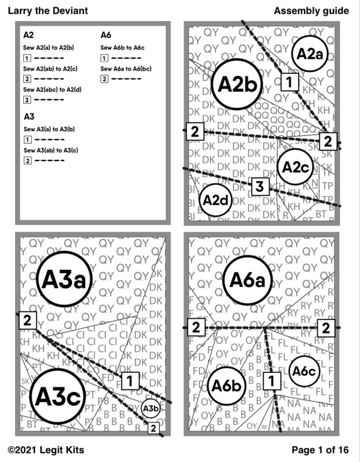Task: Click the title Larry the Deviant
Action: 47,11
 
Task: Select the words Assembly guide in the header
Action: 311,11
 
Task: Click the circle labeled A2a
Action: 309,55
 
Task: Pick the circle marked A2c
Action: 295,168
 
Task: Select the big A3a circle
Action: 65,280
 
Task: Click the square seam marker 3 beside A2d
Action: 260,186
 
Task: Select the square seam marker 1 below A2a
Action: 289,82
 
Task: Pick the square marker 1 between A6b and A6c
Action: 271,380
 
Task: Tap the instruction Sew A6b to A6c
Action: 124,48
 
